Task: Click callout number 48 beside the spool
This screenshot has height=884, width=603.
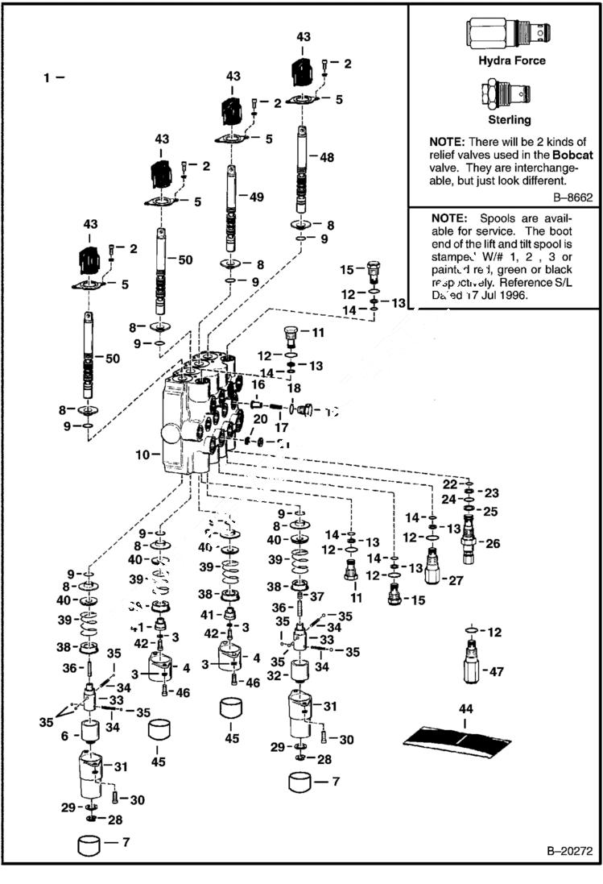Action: (x=326, y=158)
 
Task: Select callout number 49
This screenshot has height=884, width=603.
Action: (x=256, y=197)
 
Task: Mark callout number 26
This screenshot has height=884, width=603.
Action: (x=492, y=544)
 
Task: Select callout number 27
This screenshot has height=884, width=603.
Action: (x=456, y=579)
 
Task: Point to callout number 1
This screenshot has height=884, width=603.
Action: (x=47, y=77)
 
